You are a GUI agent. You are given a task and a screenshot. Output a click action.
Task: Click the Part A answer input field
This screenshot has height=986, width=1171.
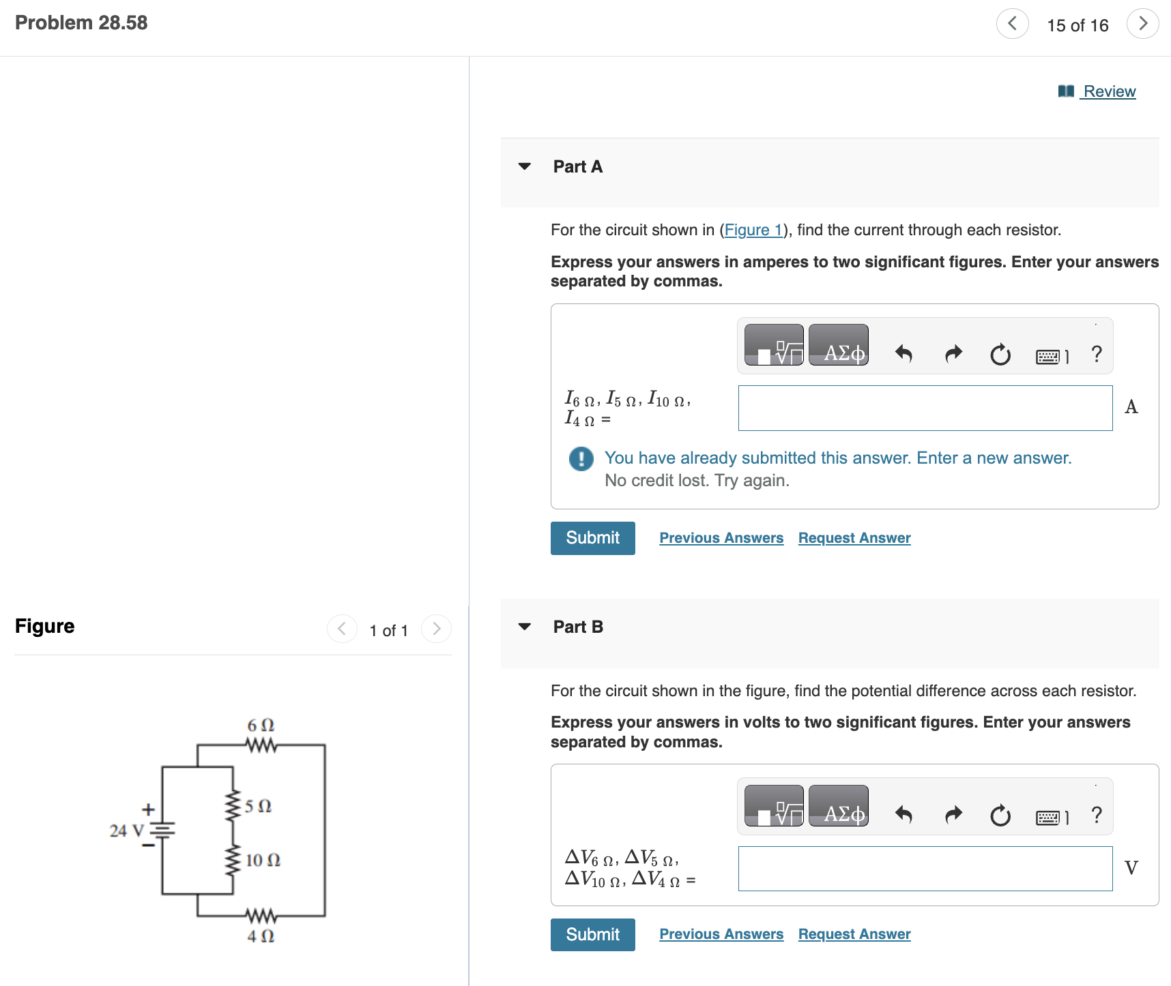[x=925, y=408]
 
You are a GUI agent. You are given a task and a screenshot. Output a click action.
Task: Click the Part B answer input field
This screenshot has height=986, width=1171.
[x=925, y=868]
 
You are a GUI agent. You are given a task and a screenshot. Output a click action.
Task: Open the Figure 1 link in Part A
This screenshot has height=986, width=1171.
[x=753, y=230]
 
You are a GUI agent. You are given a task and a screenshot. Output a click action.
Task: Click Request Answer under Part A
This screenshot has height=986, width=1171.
[x=854, y=538]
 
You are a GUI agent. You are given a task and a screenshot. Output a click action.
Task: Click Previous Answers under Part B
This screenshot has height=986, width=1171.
[x=721, y=934]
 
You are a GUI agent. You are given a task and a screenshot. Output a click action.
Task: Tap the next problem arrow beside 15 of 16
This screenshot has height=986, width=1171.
[x=1142, y=24]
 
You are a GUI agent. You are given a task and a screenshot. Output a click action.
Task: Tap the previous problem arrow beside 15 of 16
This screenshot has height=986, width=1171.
[x=1012, y=24]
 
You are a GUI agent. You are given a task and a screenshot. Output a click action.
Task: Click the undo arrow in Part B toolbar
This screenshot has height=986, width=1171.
[x=903, y=814]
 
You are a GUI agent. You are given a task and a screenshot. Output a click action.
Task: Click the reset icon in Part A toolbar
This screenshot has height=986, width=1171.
[x=1000, y=354]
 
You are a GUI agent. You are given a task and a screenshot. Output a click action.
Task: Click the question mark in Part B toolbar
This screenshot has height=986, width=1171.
[x=1096, y=814]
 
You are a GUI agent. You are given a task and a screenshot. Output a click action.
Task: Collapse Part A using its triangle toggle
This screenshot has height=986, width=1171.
[x=524, y=166]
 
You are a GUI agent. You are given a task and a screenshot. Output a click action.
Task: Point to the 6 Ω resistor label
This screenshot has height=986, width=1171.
[x=261, y=725]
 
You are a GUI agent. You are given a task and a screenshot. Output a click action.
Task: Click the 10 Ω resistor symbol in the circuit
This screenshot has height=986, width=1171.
[x=233, y=861]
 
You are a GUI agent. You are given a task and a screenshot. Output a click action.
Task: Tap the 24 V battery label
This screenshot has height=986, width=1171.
[x=127, y=831]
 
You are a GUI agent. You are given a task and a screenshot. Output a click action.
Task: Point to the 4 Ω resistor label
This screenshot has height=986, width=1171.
[x=261, y=936]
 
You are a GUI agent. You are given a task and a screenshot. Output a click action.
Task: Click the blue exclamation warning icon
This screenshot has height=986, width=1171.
[x=581, y=459]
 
